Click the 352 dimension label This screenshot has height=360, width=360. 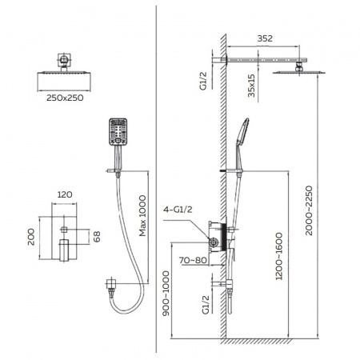[x=265, y=38]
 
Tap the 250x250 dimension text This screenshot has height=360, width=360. [x=65, y=98]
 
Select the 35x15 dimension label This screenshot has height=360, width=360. [x=251, y=86]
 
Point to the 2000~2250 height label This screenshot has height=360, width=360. [x=309, y=210]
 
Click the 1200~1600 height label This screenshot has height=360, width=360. [x=279, y=256]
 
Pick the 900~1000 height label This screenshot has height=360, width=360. [x=166, y=294]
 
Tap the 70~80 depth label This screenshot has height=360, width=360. [x=193, y=260]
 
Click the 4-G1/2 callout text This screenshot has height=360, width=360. [x=178, y=210]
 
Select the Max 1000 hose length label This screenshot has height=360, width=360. [x=142, y=216]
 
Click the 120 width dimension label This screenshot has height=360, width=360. [x=65, y=194]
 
